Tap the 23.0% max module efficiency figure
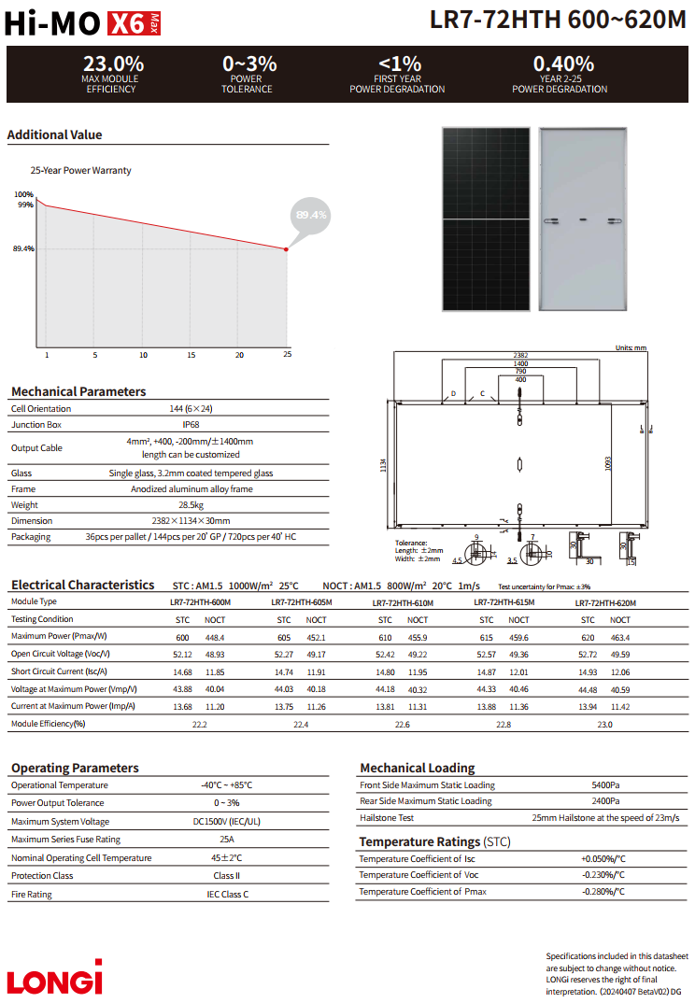(x=113, y=64)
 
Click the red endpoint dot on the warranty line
(x=287, y=248)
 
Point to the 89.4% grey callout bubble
(x=311, y=215)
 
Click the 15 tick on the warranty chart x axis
(x=191, y=355)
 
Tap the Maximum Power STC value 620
(x=588, y=637)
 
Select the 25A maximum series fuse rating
(x=227, y=840)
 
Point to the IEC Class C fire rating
(x=227, y=895)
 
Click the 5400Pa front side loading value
(x=605, y=785)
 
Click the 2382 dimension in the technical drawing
(x=520, y=356)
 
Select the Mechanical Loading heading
(x=417, y=768)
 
